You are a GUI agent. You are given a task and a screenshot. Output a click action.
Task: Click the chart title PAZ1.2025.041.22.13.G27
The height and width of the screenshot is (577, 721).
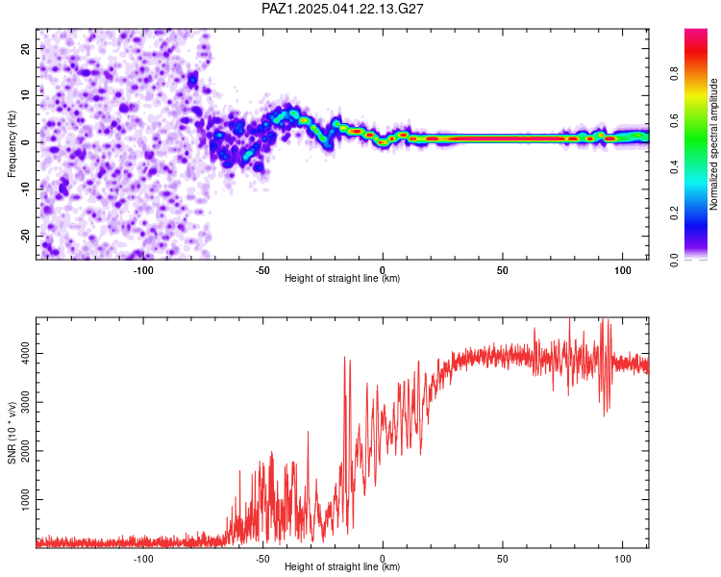tap(342, 9)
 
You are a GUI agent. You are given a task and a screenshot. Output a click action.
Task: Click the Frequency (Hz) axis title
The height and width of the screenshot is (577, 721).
tap(12, 144)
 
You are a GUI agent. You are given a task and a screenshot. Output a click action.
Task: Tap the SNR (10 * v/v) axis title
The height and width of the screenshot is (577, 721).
tap(12, 433)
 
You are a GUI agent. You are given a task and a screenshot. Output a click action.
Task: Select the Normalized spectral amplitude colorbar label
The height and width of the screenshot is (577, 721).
tap(713, 144)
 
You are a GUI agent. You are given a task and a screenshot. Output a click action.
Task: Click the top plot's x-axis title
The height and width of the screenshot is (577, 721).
tap(342, 278)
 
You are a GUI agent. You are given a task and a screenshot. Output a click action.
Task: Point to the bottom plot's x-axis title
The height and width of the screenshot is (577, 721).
tap(342, 566)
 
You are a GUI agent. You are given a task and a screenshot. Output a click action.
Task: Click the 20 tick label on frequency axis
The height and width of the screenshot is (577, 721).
tap(25, 48)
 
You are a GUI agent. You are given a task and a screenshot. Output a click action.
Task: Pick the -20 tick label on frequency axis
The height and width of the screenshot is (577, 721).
tap(25, 236)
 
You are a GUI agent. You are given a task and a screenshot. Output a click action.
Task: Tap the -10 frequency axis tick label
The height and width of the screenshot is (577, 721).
tap(25, 189)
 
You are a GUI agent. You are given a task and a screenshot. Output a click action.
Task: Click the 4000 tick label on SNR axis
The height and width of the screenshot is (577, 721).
tap(25, 353)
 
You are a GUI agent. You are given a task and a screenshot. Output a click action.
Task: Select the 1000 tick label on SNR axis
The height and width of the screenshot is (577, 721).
tap(25, 499)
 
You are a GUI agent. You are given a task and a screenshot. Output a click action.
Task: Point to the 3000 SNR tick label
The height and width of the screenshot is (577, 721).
tap(25, 402)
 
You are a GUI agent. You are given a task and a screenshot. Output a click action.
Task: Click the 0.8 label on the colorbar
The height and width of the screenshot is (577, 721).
tap(674, 73)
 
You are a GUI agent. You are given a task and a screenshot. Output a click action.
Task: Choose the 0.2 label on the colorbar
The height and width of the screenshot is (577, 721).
tap(674, 213)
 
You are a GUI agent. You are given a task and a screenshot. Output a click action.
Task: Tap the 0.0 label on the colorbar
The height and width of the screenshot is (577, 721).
tap(674, 260)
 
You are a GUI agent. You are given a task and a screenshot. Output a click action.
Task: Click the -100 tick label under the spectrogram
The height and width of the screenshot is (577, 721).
tap(143, 270)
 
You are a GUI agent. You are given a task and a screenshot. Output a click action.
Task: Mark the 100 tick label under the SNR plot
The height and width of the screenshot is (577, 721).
tap(623, 559)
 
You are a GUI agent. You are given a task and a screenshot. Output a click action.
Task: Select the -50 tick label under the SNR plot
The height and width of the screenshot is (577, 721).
tap(262, 559)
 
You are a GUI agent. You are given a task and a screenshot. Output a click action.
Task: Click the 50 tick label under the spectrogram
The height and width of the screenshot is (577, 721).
tap(503, 270)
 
